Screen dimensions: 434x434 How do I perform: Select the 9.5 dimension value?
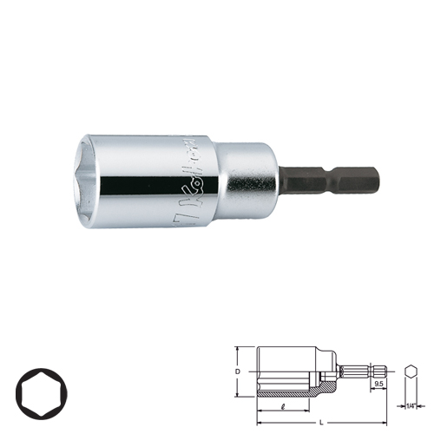(x=380, y=381)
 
